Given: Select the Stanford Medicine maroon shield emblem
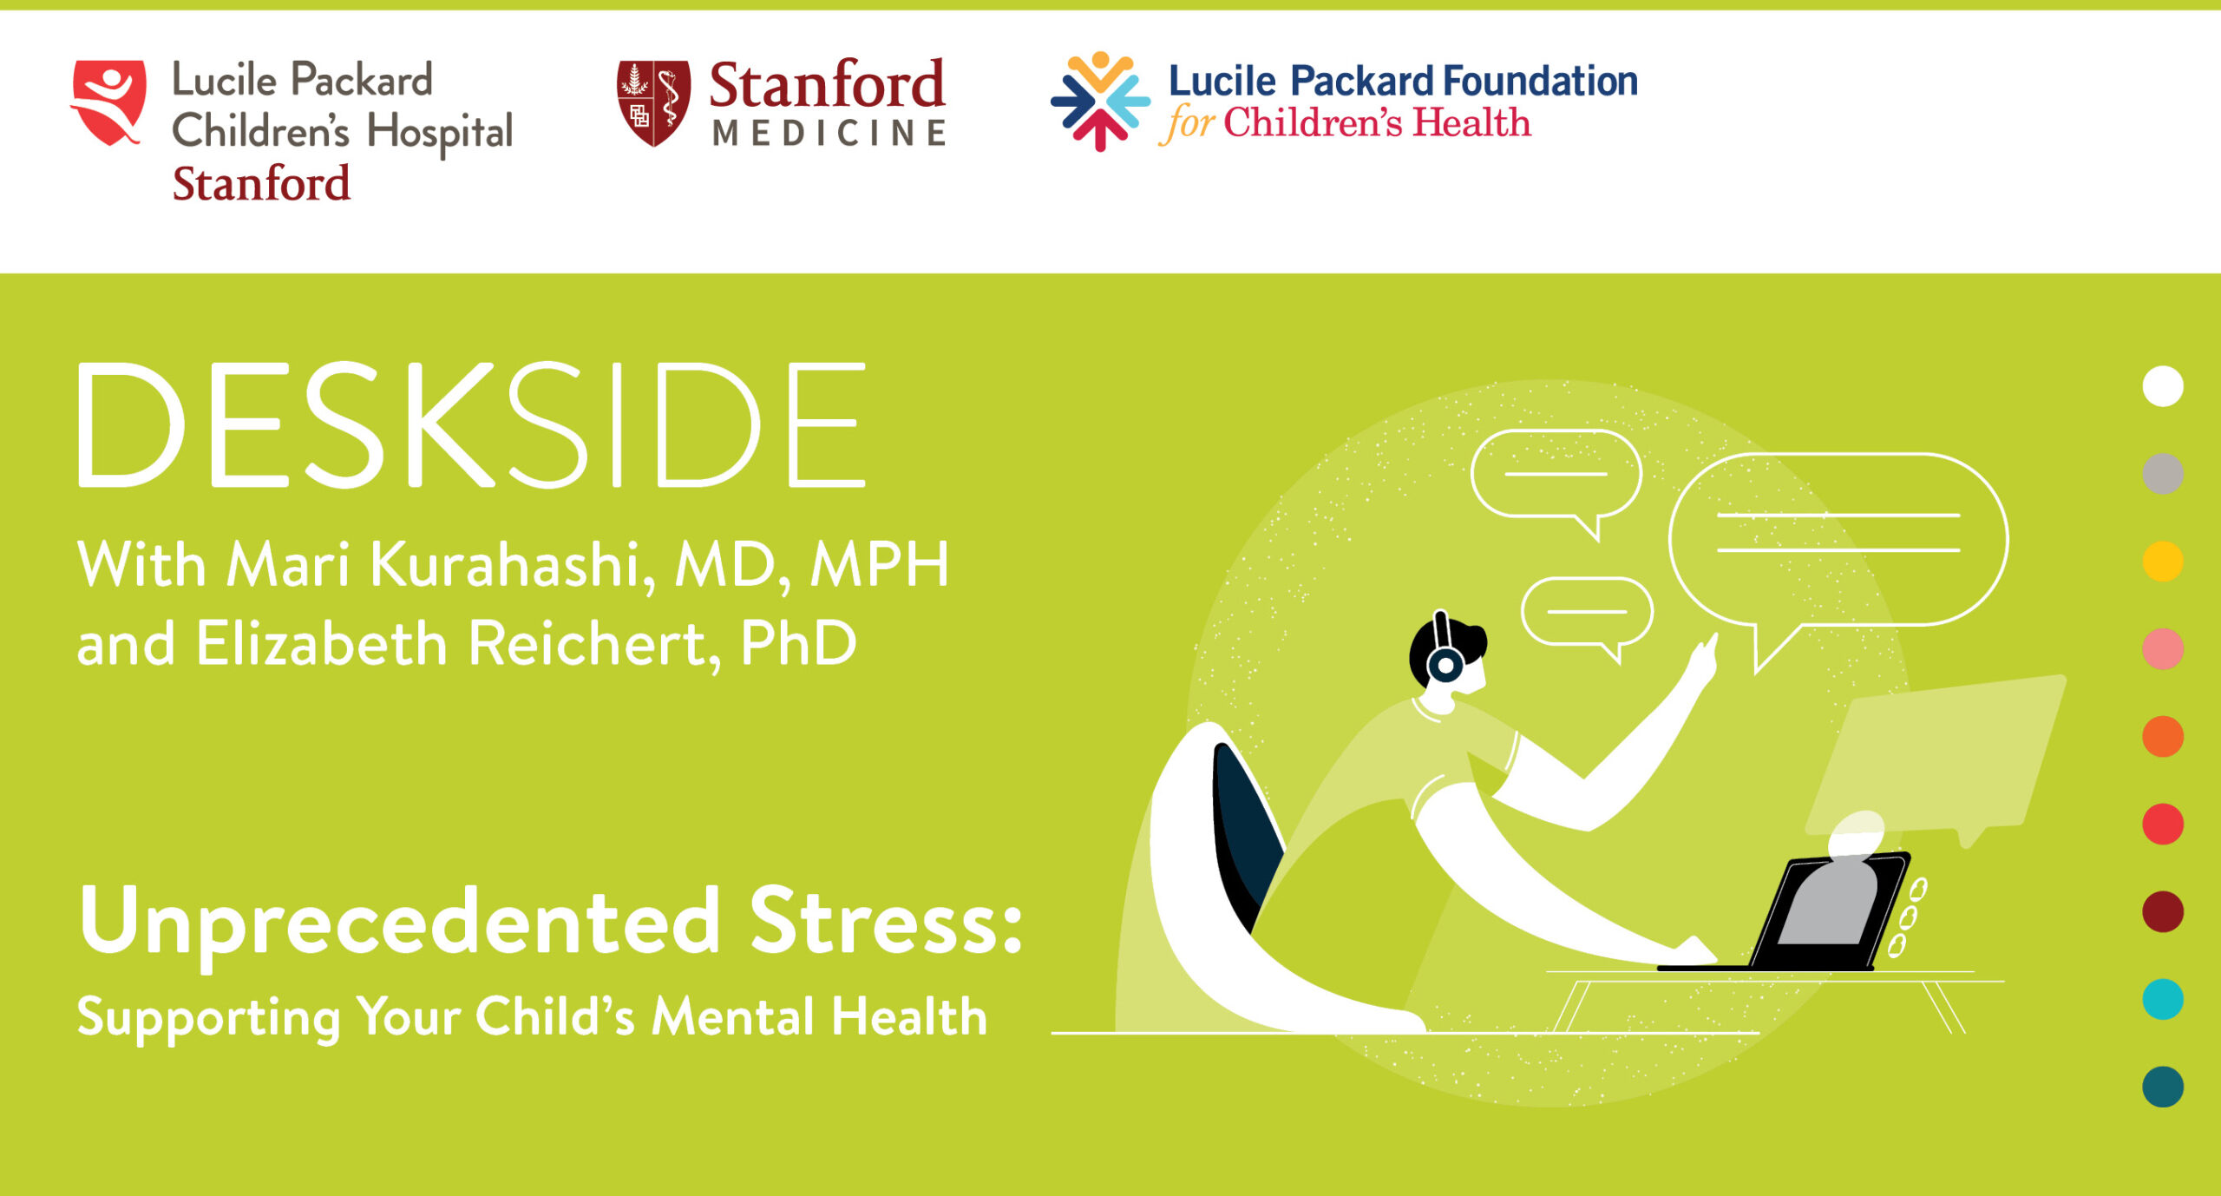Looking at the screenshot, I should [653, 102].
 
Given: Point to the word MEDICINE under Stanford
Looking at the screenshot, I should [829, 134].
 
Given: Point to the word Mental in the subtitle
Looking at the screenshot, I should [734, 1016].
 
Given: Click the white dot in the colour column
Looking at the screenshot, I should [2162, 386].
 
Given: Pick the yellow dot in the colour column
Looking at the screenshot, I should [2162, 561].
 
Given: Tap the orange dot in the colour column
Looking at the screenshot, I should [2162, 736].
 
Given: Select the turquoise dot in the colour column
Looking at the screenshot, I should [2162, 999].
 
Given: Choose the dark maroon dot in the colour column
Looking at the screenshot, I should [2162, 911].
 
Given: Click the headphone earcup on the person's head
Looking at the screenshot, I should [1445, 666].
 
